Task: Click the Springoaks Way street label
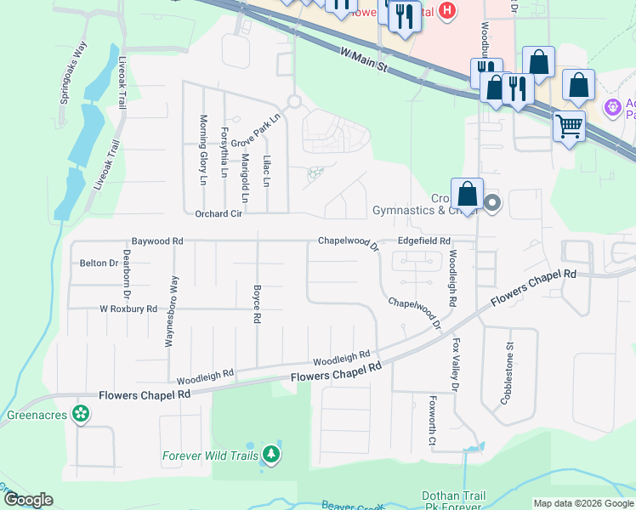pyautogui.click(x=74, y=73)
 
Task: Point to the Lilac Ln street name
pyautogui.click(x=266, y=170)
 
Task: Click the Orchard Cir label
pyautogui.click(x=219, y=214)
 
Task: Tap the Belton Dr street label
pyautogui.click(x=99, y=263)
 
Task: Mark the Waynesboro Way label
pyautogui.click(x=175, y=311)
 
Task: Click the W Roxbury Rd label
pyautogui.click(x=128, y=309)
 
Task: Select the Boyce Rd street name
pyautogui.click(x=256, y=303)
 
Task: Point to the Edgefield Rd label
pyautogui.click(x=423, y=241)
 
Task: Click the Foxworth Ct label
pyautogui.click(x=432, y=422)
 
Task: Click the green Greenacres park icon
pyautogui.click(x=82, y=414)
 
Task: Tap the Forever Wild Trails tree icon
pyautogui.click(x=270, y=455)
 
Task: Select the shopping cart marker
pyautogui.click(x=569, y=127)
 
